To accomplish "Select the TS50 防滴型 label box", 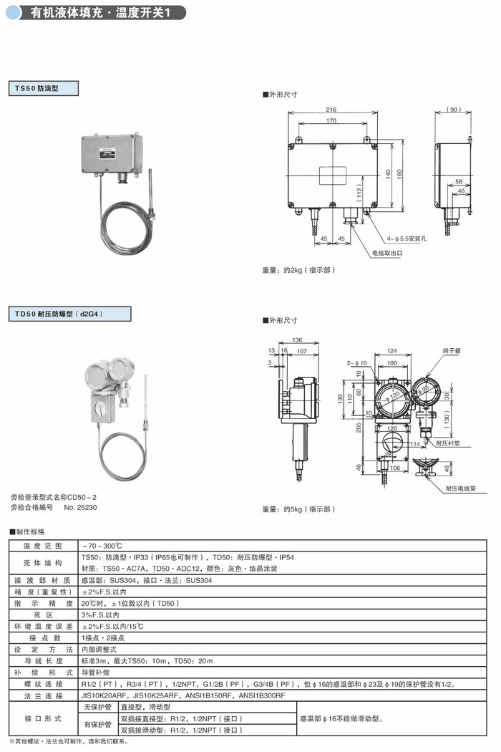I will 42,89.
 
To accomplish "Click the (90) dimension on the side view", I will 453,109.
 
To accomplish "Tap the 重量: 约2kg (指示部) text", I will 299,270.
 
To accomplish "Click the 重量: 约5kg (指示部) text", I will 299,509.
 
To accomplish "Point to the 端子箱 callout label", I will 452,351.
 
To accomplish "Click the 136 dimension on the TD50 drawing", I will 296,339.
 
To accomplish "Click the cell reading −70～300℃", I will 105,546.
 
